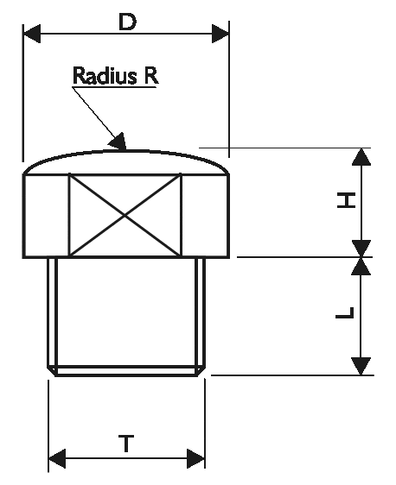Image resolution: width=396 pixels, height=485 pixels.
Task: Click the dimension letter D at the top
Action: pyautogui.click(x=127, y=22)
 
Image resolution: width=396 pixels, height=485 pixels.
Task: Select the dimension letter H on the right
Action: pyautogui.click(x=345, y=202)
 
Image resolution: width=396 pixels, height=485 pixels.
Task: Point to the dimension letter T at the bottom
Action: pyautogui.click(x=126, y=444)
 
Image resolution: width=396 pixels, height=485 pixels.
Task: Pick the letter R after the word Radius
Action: pyautogui.click(x=150, y=76)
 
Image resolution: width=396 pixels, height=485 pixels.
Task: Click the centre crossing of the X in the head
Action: pyautogui.click(x=125, y=215)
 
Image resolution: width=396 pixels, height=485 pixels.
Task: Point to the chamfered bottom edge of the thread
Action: pyautogui.click(x=127, y=372)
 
